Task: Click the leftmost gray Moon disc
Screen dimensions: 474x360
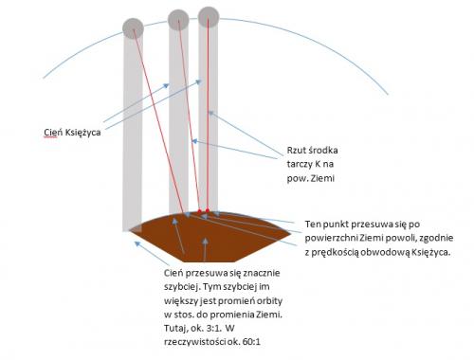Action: click(x=133, y=28)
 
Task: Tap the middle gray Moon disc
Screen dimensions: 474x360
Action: click(x=178, y=20)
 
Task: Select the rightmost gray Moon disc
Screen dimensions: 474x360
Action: click(x=209, y=17)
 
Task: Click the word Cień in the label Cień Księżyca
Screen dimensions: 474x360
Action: click(x=52, y=133)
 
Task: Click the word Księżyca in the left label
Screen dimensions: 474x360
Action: click(x=82, y=133)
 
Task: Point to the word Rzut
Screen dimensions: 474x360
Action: click(x=298, y=151)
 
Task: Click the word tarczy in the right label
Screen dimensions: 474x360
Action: click(x=299, y=164)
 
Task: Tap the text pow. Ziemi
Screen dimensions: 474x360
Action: click(x=310, y=178)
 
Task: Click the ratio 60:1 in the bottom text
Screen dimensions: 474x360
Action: click(x=252, y=342)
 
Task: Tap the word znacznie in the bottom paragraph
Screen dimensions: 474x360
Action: click(x=261, y=273)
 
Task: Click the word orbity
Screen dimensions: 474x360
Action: click(x=269, y=301)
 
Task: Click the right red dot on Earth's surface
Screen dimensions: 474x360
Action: click(x=208, y=210)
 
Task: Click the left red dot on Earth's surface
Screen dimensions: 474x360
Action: click(x=199, y=210)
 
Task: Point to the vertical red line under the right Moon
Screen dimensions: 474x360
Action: click(x=208, y=114)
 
